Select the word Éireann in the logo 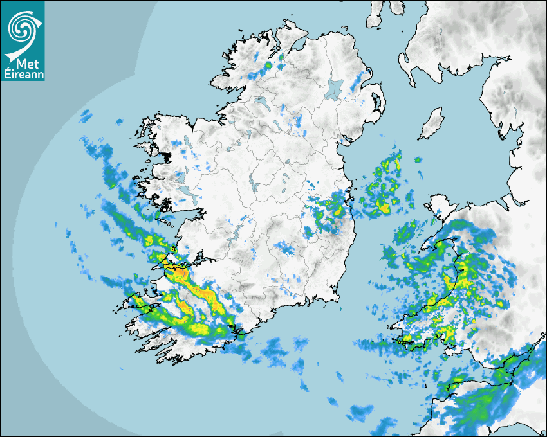[23, 74]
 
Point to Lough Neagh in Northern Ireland [335, 88]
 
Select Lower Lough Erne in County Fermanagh [260, 102]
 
